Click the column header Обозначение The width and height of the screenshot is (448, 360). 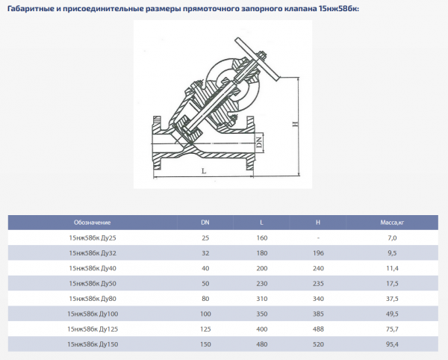coord(93,223)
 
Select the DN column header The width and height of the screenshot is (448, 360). coord(205,223)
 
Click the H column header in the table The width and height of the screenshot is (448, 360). coord(318,223)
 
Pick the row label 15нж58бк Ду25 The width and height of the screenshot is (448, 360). coord(93,238)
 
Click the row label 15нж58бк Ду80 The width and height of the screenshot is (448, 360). coord(93,298)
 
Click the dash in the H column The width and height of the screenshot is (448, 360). coord(318,238)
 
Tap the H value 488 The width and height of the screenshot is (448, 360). coord(318,328)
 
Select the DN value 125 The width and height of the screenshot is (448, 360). coord(205,328)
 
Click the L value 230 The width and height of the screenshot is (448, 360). coord(261,283)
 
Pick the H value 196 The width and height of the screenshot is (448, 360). coord(318,252)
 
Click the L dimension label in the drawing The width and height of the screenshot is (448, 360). coord(203,172)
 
